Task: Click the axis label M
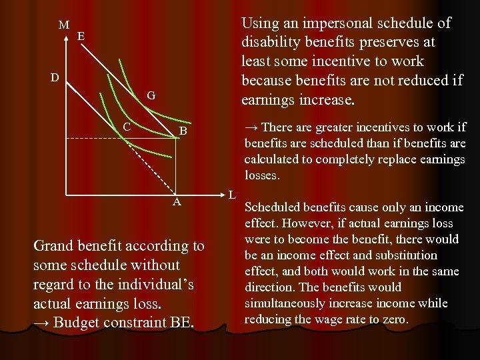[63, 25]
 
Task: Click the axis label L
[231, 195]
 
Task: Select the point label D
[56, 78]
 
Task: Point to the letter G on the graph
[151, 96]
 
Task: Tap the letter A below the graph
[176, 202]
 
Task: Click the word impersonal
[341, 23]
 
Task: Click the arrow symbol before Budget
[41, 323]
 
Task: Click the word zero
[392, 319]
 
